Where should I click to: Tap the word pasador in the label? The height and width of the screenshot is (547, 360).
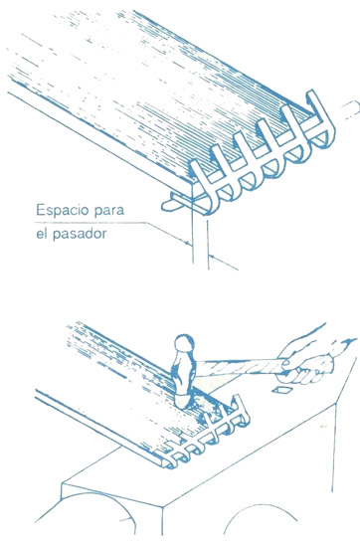(80, 234)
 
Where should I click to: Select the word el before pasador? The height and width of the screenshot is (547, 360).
(41, 233)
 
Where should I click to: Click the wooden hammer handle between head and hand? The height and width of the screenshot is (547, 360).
(238, 367)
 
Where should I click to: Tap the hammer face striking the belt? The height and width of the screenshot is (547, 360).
(184, 401)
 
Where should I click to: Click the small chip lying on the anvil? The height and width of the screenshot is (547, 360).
(280, 390)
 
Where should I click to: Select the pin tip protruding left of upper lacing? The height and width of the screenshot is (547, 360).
(170, 203)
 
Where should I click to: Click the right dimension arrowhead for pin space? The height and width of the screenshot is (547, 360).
(212, 258)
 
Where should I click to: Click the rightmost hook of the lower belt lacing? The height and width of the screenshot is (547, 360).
(241, 411)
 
